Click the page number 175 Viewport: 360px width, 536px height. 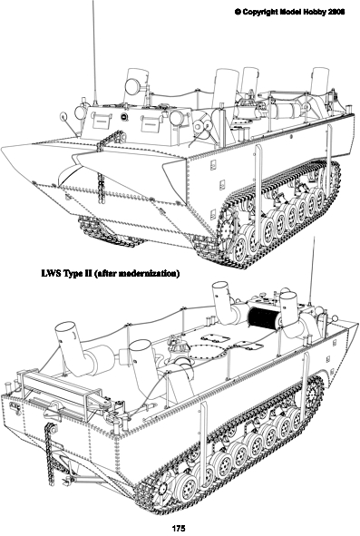click(x=179, y=529)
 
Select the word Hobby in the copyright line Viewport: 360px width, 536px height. click(x=315, y=11)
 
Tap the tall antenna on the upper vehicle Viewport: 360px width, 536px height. click(x=94, y=53)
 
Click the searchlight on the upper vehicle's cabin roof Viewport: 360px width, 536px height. click(x=132, y=86)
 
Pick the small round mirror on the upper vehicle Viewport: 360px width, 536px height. click(x=64, y=117)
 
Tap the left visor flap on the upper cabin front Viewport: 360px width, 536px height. click(x=101, y=122)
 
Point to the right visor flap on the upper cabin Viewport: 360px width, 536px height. click(x=151, y=123)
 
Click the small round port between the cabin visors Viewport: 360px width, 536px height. click(x=124, y=117)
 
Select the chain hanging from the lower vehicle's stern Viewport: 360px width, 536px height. click(x=51, y=453)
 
